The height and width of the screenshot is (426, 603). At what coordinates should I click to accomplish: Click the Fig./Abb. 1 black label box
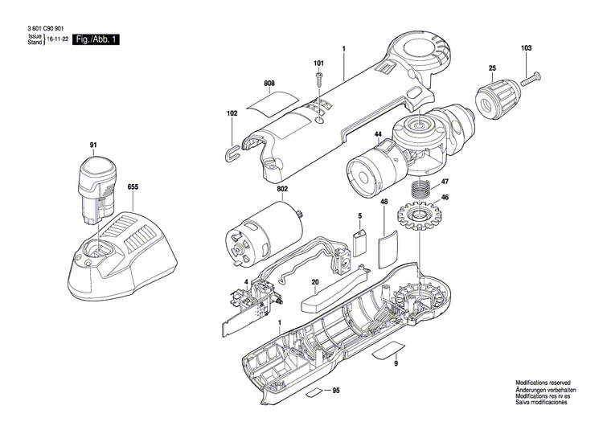pyautogui.click(x=95, y=39)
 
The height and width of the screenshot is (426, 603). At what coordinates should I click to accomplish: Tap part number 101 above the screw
pyautogui.click(x=318, y=63)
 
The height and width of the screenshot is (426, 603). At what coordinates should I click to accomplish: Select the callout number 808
pyautogui.click(x=269, y=84)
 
